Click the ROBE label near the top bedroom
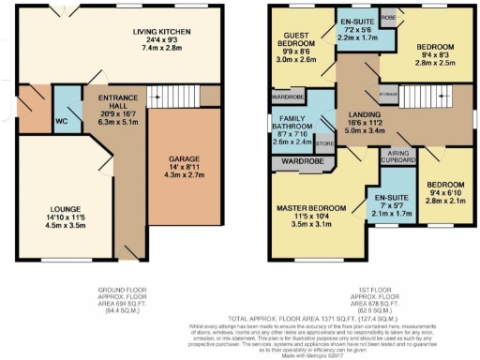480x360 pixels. point(387,18)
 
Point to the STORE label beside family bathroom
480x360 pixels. point(324,144)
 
